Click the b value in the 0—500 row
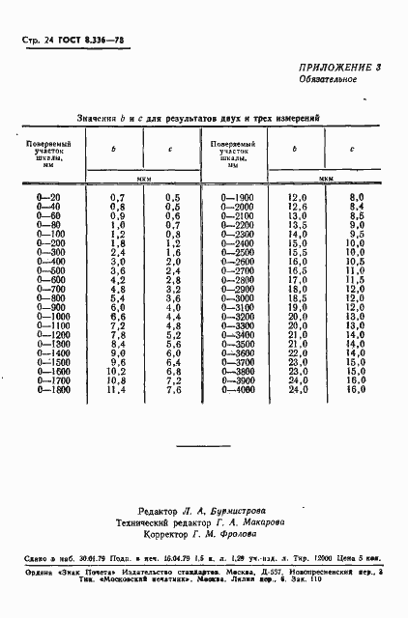coord(118,270)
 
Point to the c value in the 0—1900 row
coord(355,197)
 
